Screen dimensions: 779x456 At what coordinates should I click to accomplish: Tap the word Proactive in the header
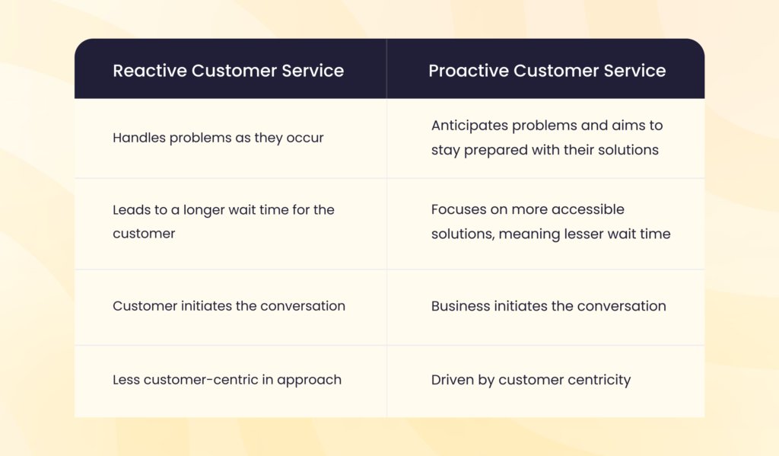coord(469,71)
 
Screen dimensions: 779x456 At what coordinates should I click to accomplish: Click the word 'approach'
coord(309,381)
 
